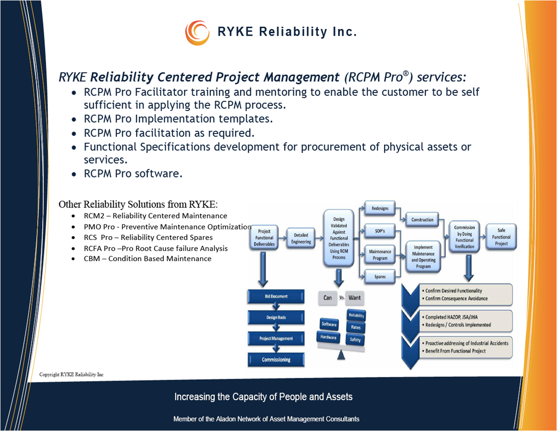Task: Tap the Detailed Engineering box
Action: (301, 238)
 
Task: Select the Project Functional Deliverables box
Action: (264, 238)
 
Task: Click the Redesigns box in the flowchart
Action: (380, 208)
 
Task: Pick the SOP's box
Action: (380, 231)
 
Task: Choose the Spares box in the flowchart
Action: (380, 277)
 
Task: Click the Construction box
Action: (422, 220)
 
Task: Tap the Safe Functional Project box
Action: (501, 237)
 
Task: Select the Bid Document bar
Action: (276, 297)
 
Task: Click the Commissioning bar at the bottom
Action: (276, 359)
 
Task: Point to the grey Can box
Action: (328, 298)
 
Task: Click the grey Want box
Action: (354, 298)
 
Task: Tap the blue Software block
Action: (329, 324)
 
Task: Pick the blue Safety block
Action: (356, 340)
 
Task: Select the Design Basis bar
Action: (276, 317)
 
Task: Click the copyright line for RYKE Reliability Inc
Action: (72, 375)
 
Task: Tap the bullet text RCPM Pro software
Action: (134, 174)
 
